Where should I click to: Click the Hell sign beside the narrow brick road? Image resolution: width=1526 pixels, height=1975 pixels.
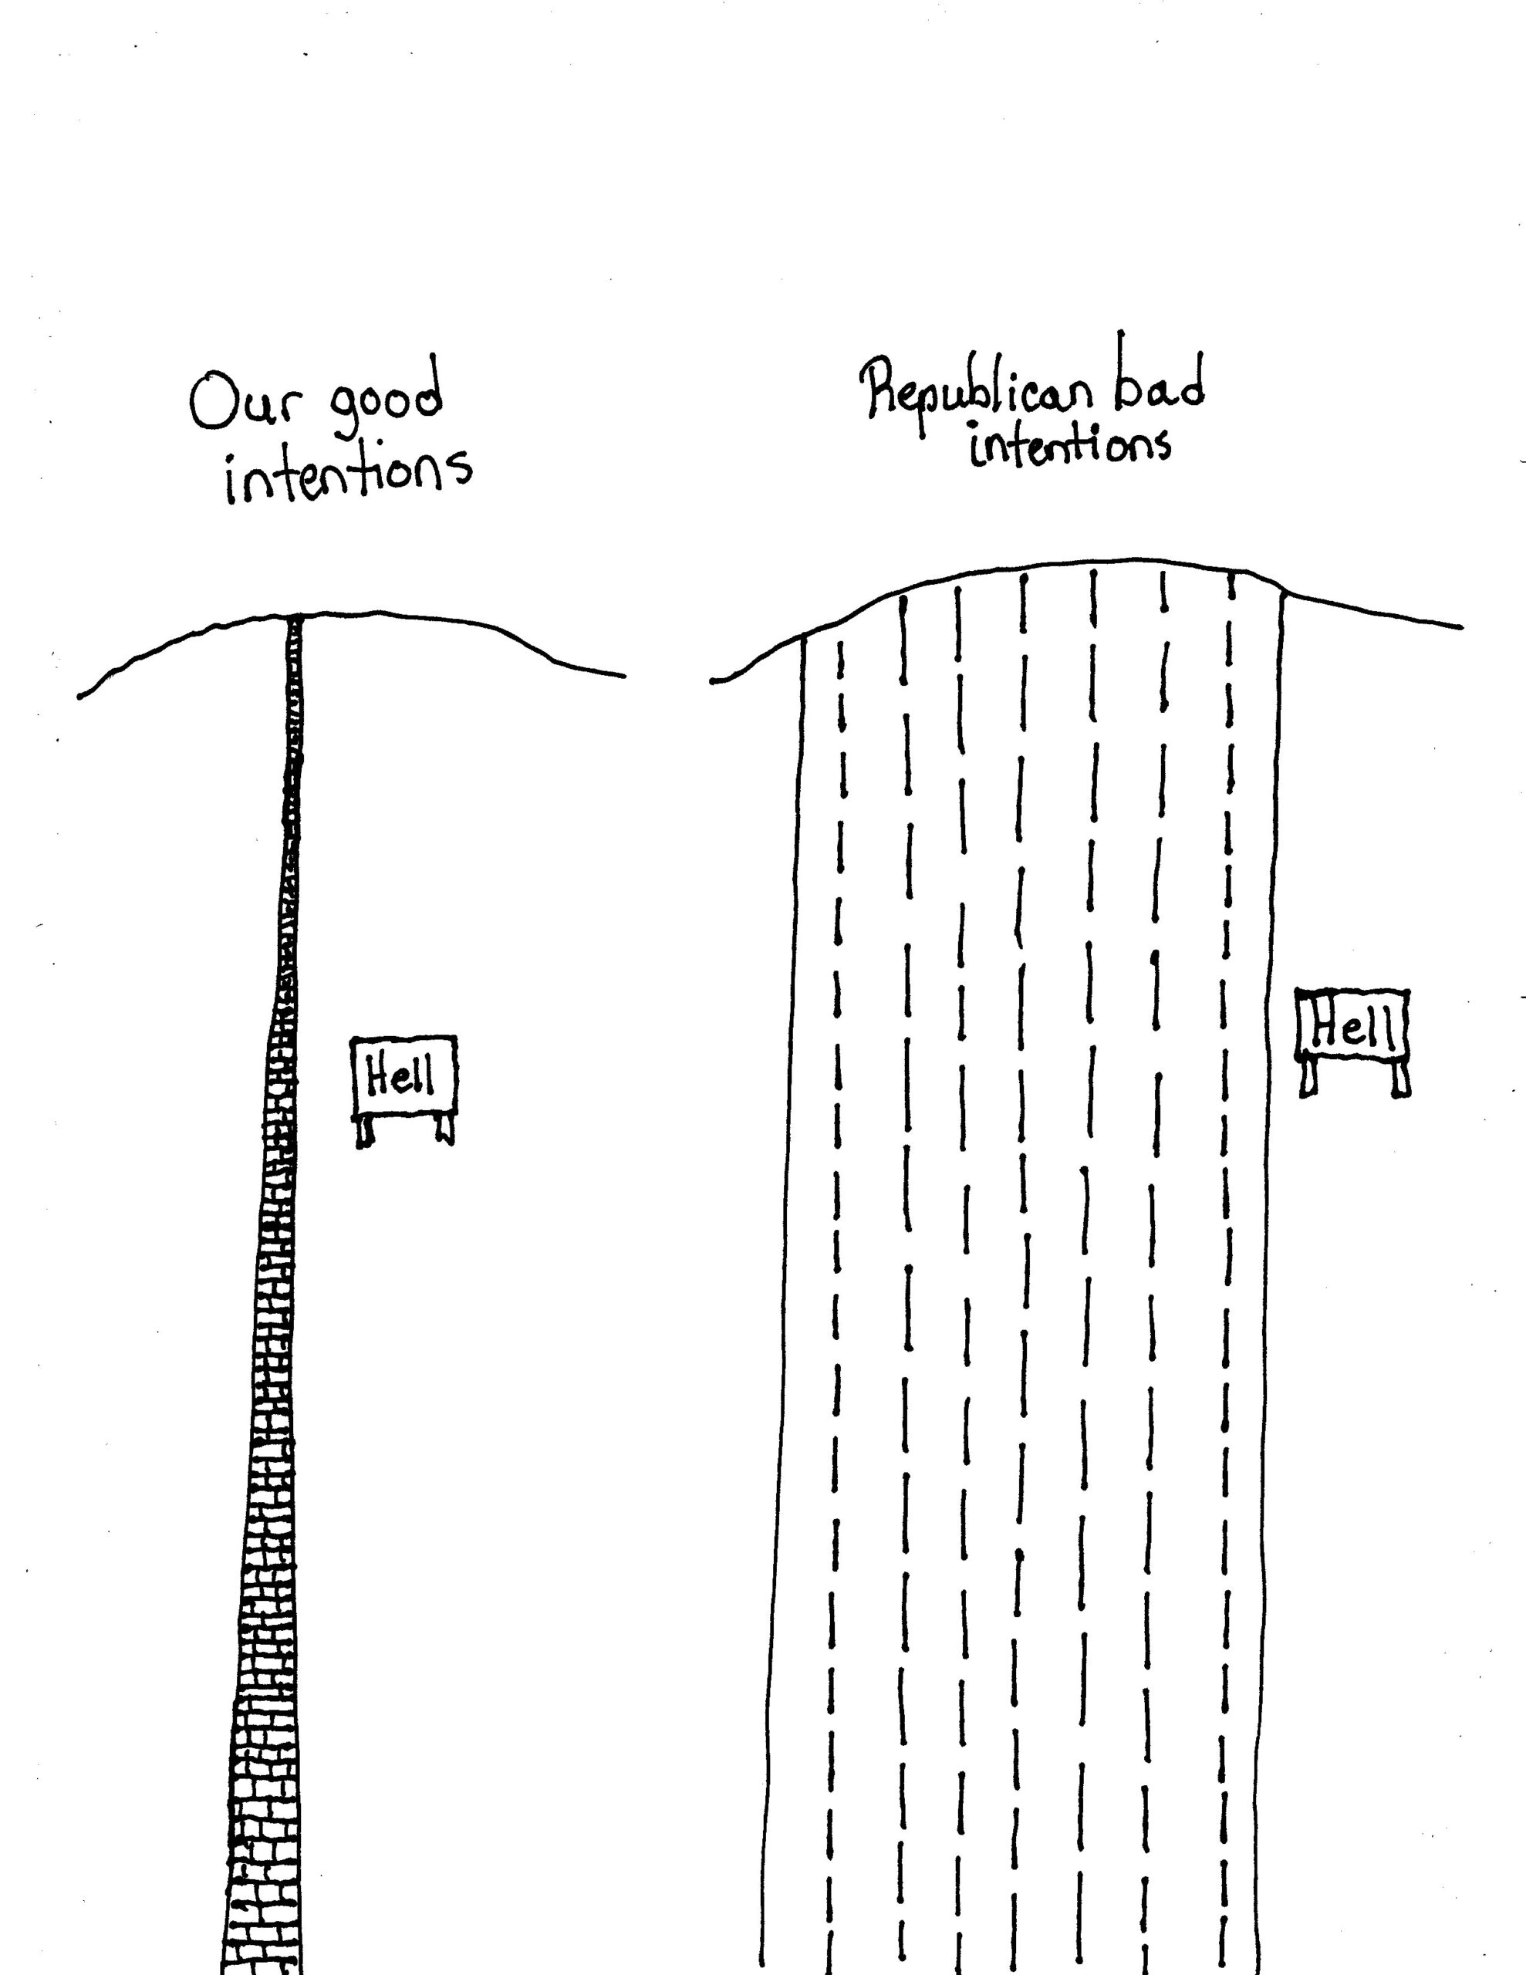click(x=403, y=1076)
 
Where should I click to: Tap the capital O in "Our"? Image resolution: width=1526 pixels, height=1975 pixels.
click(x=210, y=404)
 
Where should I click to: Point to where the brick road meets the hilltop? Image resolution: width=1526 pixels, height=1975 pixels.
click(x=294, y=619)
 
